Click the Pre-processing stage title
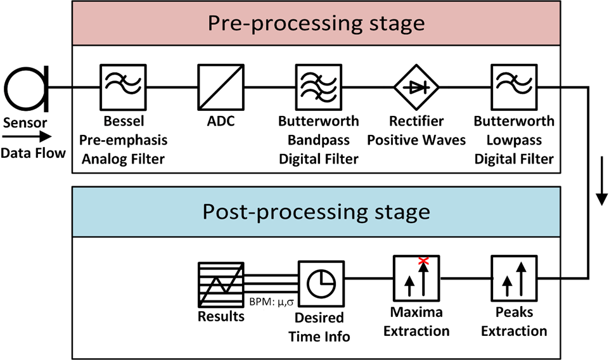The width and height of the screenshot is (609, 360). click(x=316, y=24)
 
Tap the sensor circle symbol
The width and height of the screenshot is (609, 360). click(x=23, y=89)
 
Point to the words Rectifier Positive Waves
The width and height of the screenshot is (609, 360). click(x=416, y=130)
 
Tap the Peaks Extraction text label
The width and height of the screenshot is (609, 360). click(x=513, y=321)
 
